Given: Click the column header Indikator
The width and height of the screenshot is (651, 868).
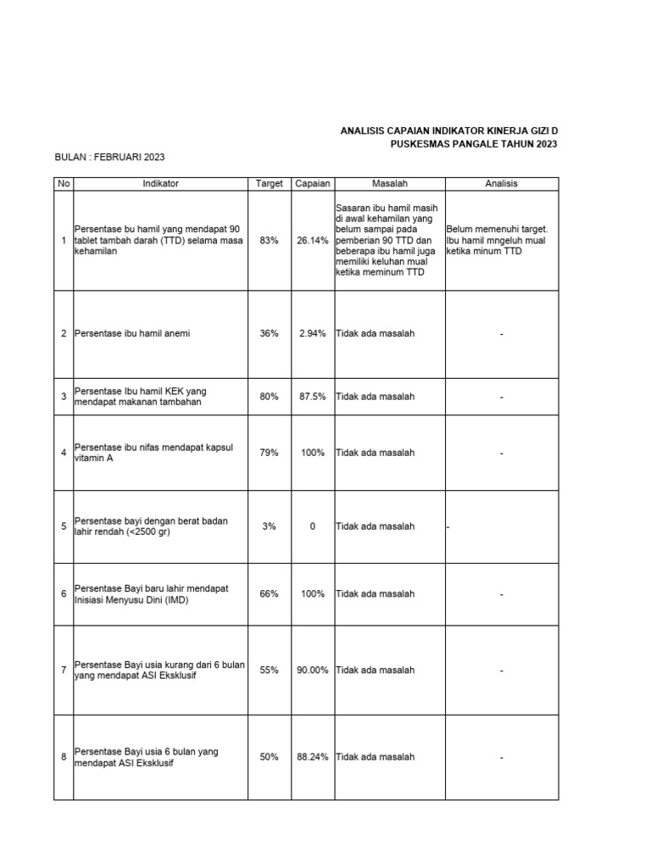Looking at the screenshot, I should [160, 184].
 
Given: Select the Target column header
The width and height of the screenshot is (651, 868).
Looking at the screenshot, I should [269, 184].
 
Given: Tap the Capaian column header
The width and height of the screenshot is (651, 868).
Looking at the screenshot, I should [312, 184].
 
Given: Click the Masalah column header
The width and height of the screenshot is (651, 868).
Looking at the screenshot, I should [389, 184].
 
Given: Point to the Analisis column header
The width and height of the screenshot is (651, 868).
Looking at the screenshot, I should [501, 184].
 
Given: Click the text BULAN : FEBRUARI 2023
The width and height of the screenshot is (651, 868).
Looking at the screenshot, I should [109, 158].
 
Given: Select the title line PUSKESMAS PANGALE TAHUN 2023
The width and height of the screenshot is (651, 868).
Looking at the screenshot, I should [475, 144].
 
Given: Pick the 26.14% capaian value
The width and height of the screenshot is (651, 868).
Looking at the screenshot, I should [312, 241].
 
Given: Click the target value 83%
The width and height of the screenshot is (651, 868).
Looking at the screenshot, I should [269, 241].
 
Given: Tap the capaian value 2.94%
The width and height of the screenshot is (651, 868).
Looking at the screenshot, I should [312, 334].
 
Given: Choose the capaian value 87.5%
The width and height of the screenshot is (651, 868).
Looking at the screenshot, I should [312, 397].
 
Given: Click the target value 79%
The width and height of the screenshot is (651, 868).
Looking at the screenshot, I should [269, 453].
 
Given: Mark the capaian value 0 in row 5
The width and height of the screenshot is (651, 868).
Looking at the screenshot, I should [312, 526].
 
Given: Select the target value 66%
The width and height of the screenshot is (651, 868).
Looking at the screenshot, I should [269, 594].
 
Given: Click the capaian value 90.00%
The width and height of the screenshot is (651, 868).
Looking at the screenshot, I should [312, 670].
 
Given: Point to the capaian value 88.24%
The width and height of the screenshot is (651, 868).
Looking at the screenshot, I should [312, 757].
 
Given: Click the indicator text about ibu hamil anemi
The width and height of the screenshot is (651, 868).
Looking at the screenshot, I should [132, 334].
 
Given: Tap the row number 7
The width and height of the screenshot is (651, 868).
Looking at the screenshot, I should [64, 670].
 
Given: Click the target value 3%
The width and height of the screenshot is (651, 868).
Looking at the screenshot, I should [269, 526].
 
